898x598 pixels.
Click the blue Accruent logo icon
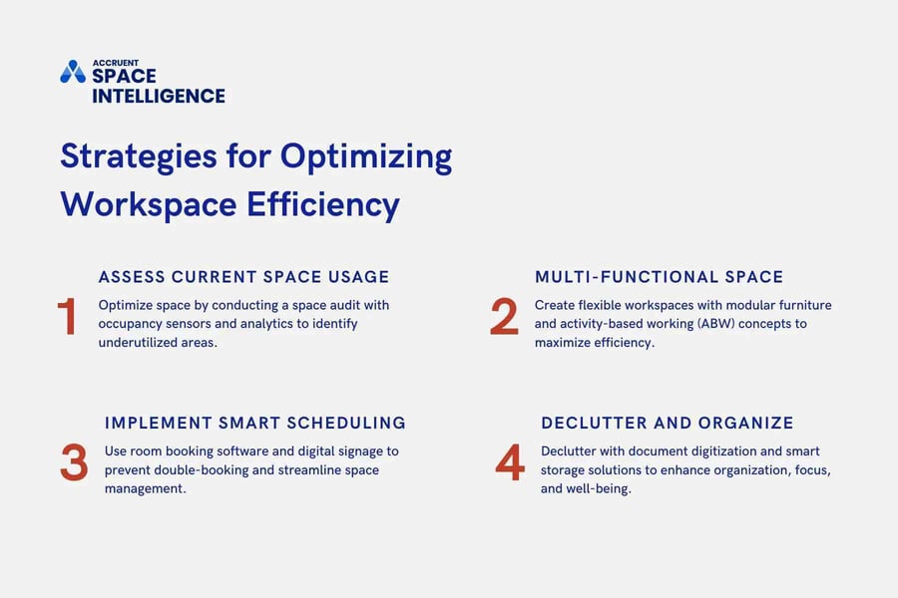coord(73,72)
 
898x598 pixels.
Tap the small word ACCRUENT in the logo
coord(115,62)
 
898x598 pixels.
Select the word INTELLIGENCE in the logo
coord(159,96)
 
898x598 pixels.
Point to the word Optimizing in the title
coord(365,157)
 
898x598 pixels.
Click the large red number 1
coord(67,317)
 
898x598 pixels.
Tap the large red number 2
coord(504,317)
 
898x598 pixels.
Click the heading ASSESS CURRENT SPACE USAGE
coord(243,277)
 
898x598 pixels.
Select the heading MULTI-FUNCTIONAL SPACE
coord(659,277)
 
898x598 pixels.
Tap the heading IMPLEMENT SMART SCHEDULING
coord(255,423)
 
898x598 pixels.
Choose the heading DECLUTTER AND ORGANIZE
coord(668,423)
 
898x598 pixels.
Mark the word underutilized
coord(146,343)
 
